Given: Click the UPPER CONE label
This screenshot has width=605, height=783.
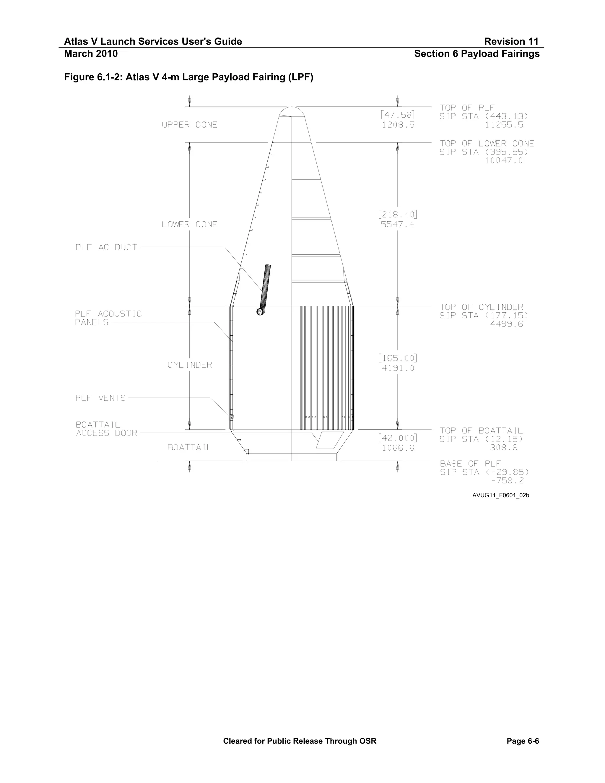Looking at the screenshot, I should tap(189, 125).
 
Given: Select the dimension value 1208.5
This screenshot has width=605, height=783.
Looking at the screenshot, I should tap(398, 125).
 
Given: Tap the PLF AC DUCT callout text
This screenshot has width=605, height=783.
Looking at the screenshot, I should tap(106, 247).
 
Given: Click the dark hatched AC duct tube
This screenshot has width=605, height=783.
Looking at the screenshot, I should tap(266, 287).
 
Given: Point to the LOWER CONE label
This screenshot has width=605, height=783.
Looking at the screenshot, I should tap(189, 225).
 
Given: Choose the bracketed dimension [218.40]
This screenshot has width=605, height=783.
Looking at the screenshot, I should tap(398, 215).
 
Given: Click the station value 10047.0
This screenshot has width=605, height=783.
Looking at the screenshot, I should tap(504, 161).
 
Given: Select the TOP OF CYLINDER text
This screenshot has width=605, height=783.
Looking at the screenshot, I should tap(481, 307).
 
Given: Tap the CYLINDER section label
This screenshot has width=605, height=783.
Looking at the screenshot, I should tap(190, 365).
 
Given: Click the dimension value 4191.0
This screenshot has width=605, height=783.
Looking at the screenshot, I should tap(398, 368).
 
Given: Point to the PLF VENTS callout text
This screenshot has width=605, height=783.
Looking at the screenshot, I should tap(100, 398).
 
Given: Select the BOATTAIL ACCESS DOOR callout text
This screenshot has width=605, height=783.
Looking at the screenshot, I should tap(106, 429).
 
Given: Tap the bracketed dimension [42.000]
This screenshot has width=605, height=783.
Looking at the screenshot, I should tap(398, 438).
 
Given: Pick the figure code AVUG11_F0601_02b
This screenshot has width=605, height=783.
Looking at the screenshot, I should tap(500, 495).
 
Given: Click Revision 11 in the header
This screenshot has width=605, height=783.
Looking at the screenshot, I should tap(511, 42).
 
